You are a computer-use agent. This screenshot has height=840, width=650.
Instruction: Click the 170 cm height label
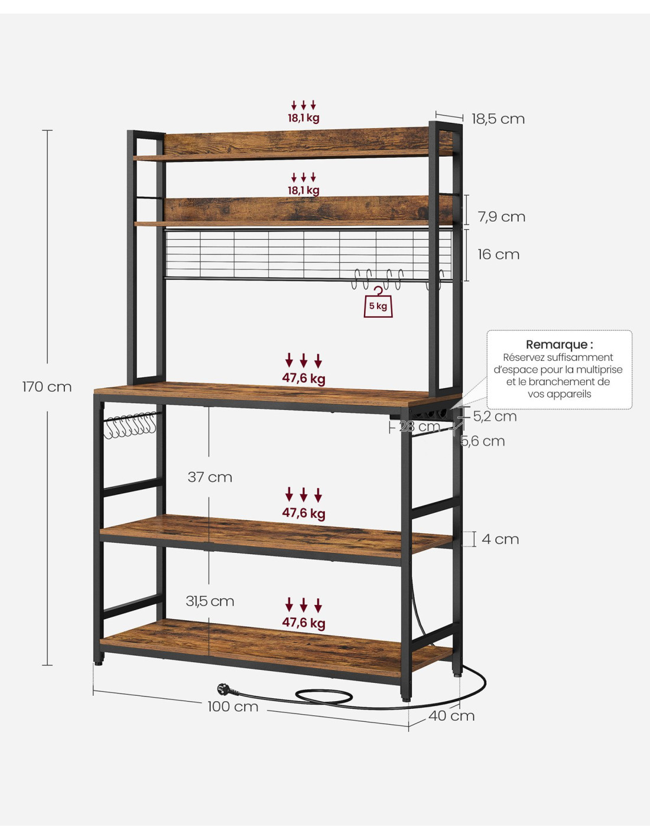pyautogui.click(x=47, y=387)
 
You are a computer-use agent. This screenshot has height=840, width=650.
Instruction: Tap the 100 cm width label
pyautogui.click(x=233, y=706)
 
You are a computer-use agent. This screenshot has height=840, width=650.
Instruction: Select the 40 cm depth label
pyautogui.click(x=451, y=716)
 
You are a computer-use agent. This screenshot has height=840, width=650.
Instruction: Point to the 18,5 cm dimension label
pyautogui.click(x=498, y=119)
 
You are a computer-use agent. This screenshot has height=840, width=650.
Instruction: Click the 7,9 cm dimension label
pyautogui.click(x=502, y=217)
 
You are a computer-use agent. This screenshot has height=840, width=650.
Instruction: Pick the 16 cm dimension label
pyautogui.click(x=498, y=255)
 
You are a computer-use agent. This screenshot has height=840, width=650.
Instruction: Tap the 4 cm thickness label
pyautogui.click(x=500, y=539)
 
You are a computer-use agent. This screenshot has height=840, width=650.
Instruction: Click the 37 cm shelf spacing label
pyautogui.click(x=210, y=477)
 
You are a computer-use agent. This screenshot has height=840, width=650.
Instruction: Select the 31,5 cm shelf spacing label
pyautogui.click(x=210, y=601)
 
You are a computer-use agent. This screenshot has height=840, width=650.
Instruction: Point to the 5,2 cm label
pyautogui.click(x=495, y=416)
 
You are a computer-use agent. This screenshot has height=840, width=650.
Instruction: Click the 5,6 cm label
pyautogui.click(x=483, y=441)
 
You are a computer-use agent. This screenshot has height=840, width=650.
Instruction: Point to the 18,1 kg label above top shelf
pyautogui.click(x=304, y=118)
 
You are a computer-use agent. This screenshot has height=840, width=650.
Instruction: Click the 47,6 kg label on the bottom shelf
pyautogui.click(x=304, y=623)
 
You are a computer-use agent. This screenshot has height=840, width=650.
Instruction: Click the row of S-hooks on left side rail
pyautogui.click(x=130, y=425)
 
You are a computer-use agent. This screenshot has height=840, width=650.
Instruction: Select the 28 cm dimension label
pyautogui.click(x=420, y=426)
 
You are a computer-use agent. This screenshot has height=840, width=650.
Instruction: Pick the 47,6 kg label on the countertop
pyautogui.click(x=304, y=379)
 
